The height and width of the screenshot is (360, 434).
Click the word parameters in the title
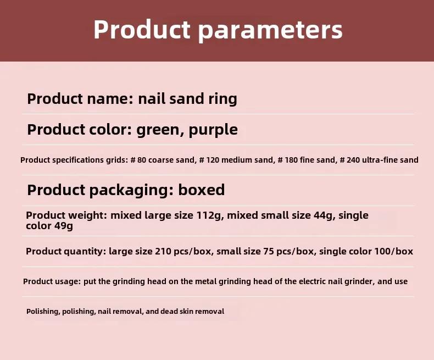[x=270, y=30]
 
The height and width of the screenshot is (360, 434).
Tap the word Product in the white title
[x=142, y=29]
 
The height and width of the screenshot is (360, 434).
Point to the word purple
[x=213, y=130]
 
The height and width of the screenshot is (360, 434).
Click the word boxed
[x=201, y=190]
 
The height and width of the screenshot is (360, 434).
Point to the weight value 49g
[x=63, y=226]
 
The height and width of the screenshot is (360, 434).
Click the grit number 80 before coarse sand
[x=141, y=160]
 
